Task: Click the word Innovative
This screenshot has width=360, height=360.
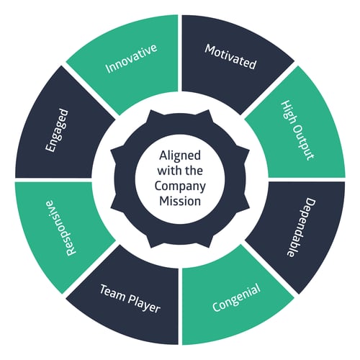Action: (x=131, y=58)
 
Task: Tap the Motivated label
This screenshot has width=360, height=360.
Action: (x=230, y=57)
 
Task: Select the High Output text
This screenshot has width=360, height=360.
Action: (x=297, y=130)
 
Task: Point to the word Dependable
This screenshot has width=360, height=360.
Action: (x=301, y=228)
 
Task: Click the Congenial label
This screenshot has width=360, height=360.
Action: (x=237, y=297)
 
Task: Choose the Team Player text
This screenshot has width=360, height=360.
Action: (x=130, y=299)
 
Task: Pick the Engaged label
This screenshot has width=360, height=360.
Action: (x=57, y=130)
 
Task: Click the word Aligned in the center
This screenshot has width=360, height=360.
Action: (x=180, y=156)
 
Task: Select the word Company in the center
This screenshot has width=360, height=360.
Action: (x=180, y=186)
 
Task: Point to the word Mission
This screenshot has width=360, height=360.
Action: (x=180, y=201)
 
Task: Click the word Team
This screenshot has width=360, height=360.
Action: (x=112, y=292)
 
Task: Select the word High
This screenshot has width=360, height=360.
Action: (x=287, y=112)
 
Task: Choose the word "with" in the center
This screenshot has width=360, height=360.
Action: (x=168, y=171)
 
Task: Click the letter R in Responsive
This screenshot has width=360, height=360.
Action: (x=71, y=251)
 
